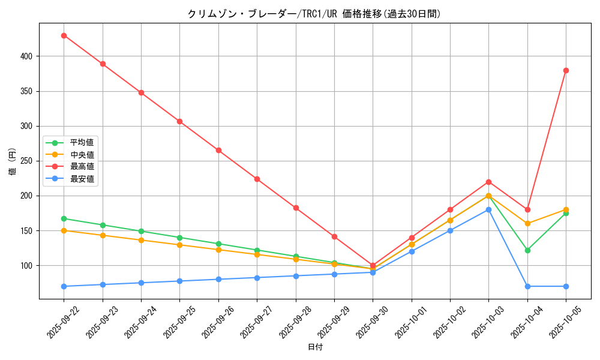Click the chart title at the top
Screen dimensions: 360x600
coord(314,14)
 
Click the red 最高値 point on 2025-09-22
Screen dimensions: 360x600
coord(64,35)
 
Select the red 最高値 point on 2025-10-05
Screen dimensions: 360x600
coord(566,70)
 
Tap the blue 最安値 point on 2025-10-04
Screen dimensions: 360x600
coord(527,286)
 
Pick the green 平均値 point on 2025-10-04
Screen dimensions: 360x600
coord(527,250)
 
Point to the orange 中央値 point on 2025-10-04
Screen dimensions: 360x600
coord(527,224)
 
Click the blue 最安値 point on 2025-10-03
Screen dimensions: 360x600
coord(488,209)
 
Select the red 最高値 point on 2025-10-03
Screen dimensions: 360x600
coord(488,182)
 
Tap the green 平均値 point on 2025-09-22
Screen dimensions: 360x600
coord(64,218)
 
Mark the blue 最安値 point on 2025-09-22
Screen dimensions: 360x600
coord(64,286)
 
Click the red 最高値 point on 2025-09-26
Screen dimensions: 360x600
coord(218,150)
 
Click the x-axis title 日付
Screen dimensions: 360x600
coord(314,347)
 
